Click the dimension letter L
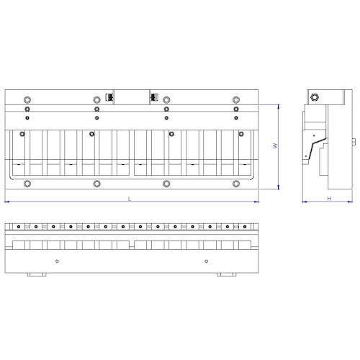pyautogui.click(x=130, y=197)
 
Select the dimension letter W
pyautogui.click(x=274, y=146)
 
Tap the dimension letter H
pyautogui.click(x=328, y=197)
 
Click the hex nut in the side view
pyautogui.click(x=315, y=99)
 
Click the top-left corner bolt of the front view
pyautogui.click(x=27, y=99)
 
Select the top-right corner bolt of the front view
pyautogui.click(x=235, y=99)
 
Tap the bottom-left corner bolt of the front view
pyautogui.click(x=27, y=184)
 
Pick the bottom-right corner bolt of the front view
pyautogui.click(x=235, y=184)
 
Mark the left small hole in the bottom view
pyautogui.click(x=57, y=260)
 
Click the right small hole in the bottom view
pyautogui.click(x=206, y=260)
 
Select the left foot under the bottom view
pyautogui.click(x=35, y=275)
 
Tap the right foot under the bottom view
pyautogui.click(x=227, y=275)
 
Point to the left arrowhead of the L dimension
pyautogui.click(x=6, y=201)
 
